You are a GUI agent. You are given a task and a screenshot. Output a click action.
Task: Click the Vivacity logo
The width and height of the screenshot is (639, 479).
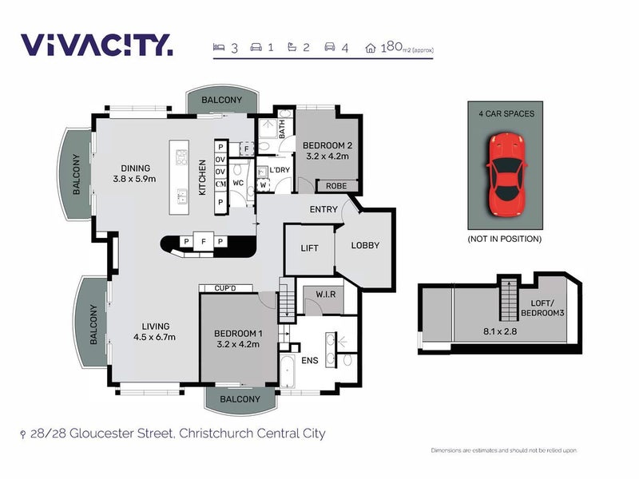[96, 45]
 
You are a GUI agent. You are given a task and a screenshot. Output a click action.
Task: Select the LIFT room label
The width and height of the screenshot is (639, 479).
[309, 248]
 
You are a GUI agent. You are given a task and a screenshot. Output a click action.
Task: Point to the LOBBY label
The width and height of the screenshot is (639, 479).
[365, 245]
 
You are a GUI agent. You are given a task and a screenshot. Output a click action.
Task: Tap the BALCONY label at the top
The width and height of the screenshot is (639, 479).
[221, 100]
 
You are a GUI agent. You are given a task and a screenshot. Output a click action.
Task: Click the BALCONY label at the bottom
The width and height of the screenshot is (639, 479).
[240, 398]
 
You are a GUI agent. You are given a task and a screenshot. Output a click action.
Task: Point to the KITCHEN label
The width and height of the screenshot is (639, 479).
[202, 177]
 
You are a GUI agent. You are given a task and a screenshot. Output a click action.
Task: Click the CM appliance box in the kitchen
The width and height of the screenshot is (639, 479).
[220, 185]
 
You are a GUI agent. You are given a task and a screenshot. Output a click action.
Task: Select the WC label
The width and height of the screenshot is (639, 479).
[238, 183]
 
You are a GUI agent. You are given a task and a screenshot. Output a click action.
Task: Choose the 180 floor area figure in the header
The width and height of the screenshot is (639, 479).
[391, 47]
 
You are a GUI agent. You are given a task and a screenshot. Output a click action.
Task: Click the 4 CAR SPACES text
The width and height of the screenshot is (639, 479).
[506, 113]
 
